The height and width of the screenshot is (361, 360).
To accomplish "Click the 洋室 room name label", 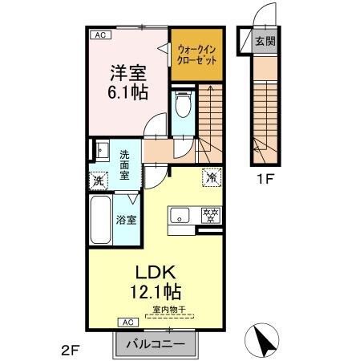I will [127, 71].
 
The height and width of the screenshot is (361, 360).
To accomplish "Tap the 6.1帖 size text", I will [127, 91].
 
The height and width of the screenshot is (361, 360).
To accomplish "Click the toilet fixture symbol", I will [183, 104].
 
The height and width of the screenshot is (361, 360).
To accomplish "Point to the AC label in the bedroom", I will [99, 35].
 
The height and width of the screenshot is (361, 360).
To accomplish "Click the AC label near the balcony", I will [127, 322].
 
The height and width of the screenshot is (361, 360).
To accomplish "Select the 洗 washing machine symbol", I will [98, 180].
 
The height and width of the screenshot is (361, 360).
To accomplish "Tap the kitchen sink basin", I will [179, 215].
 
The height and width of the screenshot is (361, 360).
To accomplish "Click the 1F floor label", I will [266, 179].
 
